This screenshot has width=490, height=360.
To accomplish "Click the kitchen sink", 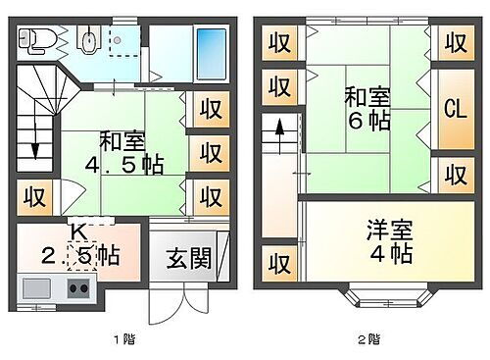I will point(37,288).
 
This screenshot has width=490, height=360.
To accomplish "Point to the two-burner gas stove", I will point(77,288).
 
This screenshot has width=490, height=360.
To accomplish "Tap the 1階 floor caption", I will point(122,340).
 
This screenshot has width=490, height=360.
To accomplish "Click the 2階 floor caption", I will point(367,340).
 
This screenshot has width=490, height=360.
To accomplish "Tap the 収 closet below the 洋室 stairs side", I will point(280,264).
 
